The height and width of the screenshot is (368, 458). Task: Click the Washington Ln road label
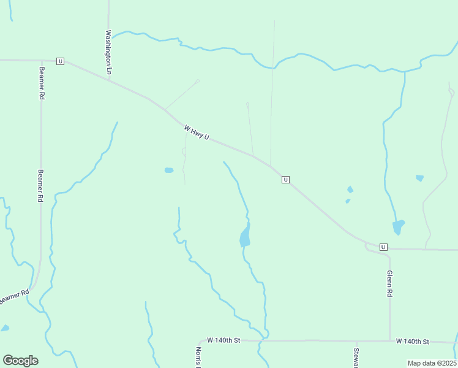109,52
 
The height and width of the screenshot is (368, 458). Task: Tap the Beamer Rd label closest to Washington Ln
41,83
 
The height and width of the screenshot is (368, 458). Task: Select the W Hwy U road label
197,132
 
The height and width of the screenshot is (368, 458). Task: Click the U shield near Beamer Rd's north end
60,61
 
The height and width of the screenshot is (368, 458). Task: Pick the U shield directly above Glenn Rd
383,247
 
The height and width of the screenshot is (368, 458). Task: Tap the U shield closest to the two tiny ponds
285,179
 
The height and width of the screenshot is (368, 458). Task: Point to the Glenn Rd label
389,284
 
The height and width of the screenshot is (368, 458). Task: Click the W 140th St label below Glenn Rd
412,341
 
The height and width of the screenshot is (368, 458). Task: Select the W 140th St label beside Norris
223,340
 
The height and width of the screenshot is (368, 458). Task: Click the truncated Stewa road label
356,357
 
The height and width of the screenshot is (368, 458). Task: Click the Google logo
20,361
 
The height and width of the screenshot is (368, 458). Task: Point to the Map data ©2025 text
432,363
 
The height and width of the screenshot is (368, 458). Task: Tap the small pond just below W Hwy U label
168,170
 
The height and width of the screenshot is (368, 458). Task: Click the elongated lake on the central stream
245,236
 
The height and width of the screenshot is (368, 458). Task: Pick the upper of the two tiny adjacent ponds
350,190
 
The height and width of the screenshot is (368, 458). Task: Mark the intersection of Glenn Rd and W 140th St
390,340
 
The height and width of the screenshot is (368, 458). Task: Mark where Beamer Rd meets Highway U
41,61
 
